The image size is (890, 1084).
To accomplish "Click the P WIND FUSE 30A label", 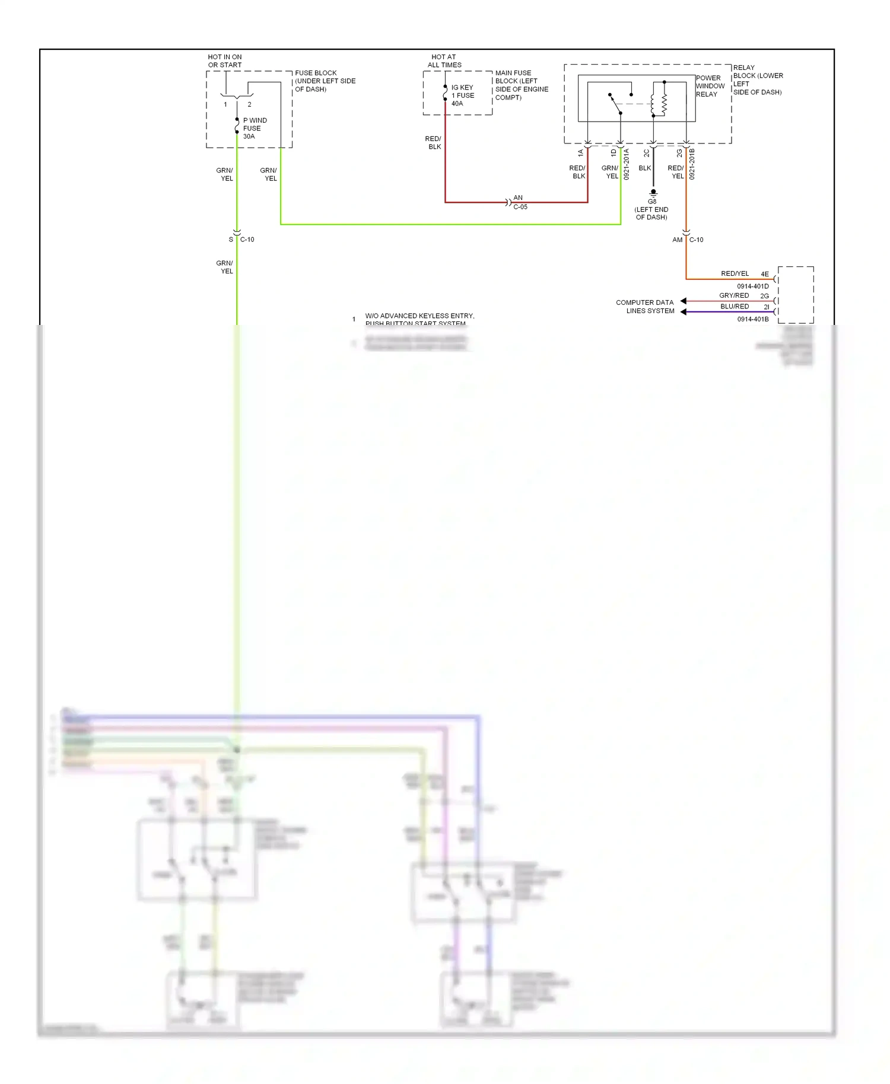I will tap(254, 128).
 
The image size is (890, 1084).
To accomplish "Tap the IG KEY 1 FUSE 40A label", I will tap(462, 95).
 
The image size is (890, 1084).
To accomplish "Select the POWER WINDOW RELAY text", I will tap(710, 86).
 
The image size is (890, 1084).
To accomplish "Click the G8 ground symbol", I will tap(653, 193).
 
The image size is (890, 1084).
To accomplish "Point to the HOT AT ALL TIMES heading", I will tap(444, 61).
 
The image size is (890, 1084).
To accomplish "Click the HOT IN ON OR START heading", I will tap(225, 61).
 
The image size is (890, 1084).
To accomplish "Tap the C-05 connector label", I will tap(520, 207).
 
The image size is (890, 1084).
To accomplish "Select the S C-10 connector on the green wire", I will tap(237, 233).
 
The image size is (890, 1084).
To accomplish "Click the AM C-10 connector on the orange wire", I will tap(686, 233).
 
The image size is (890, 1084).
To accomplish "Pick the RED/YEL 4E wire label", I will tap(736, 273).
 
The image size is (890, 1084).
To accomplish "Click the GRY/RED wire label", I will tap(734, 295).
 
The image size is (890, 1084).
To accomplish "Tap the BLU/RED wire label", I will tap(735, 307).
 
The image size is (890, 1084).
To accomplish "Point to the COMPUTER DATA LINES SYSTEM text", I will tap(646, 307).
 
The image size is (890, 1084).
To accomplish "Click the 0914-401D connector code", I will tap(752, 286).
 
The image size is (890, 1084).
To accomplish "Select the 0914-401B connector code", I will tap(752, 319).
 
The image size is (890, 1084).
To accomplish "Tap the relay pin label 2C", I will tap(647, 153).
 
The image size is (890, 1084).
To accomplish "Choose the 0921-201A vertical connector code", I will tap(627, 164).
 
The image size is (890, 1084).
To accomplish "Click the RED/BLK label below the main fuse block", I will tap(434, 143).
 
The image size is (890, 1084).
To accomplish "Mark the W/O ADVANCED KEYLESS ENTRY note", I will tap(419, 317).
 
